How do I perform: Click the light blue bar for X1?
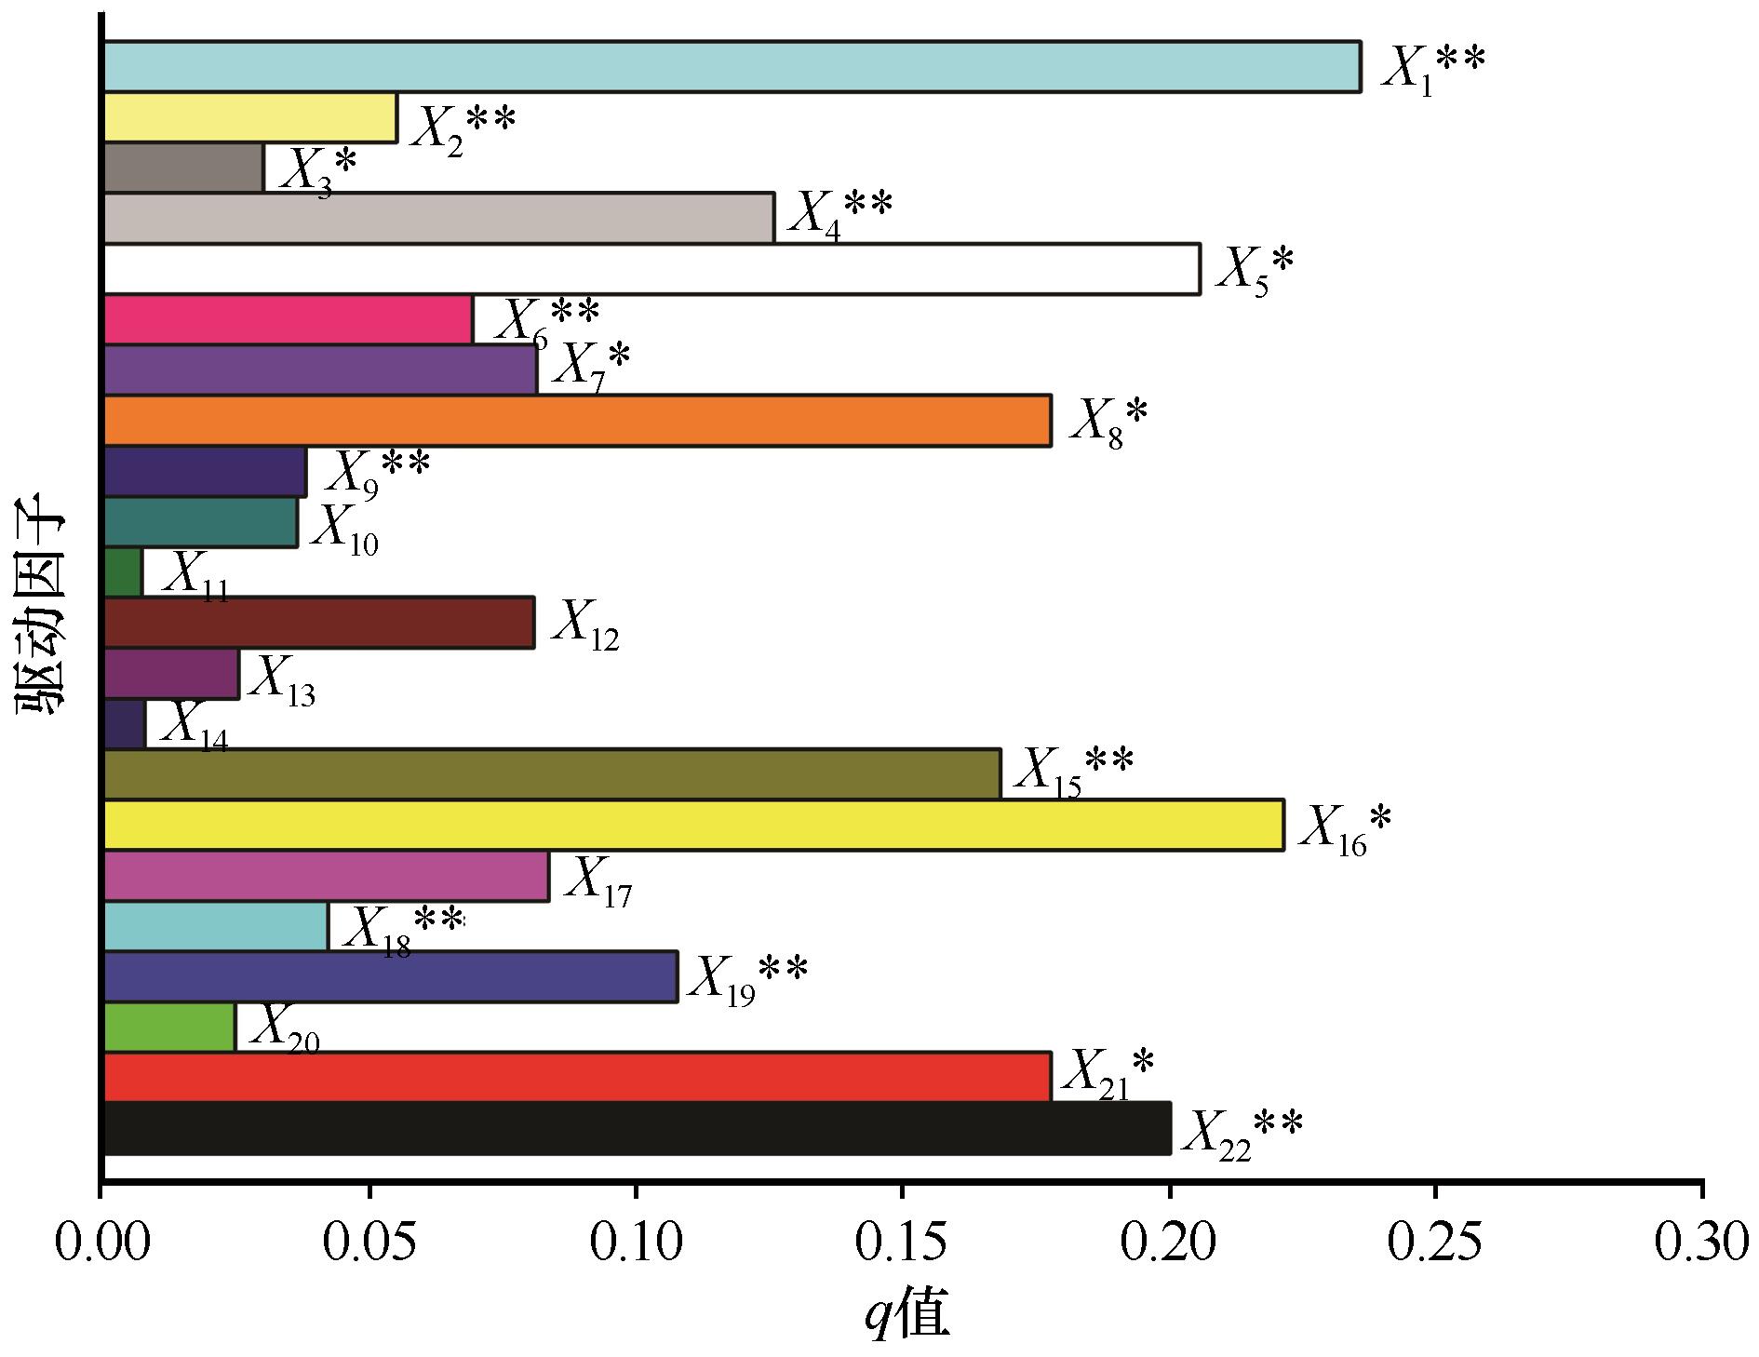tap(732, 67)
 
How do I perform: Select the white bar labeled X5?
tap(651, 269)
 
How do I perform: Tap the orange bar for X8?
tap(577, 421)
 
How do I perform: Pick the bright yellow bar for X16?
tap(693, 825)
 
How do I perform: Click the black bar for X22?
tap(637, 1128)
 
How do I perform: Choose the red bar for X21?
tap(577, 1077)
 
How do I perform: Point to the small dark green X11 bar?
tap(123, 572)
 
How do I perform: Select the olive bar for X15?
tap(552, 773)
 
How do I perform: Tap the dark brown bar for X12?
tap(318, 623)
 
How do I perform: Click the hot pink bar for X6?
tap(289, 319)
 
